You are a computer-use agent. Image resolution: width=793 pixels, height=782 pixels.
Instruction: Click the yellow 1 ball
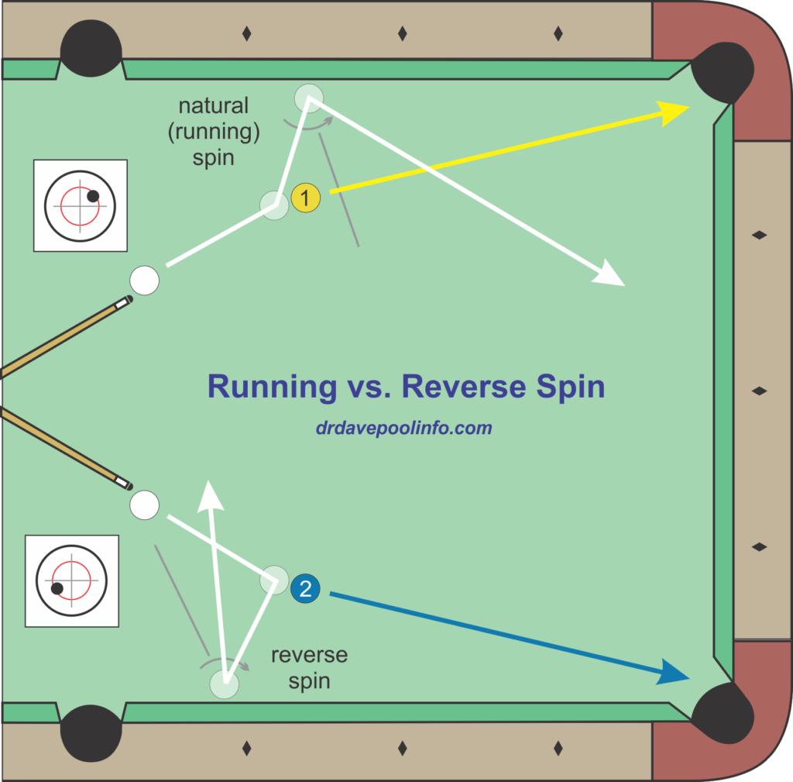(x=306, y=199)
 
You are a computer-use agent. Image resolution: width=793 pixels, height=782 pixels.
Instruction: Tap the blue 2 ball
(x=305, y=588)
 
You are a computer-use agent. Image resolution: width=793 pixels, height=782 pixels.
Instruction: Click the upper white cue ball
(x=144, y=280)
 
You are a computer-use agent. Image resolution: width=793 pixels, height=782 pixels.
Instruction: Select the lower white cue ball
(x=144, y=505)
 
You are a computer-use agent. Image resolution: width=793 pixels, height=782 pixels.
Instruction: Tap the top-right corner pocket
(x=722, y=71)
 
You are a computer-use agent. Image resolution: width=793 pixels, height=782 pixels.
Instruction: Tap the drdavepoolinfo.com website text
(x=403, y=428)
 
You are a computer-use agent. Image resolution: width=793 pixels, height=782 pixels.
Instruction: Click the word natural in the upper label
(x=213, y=105)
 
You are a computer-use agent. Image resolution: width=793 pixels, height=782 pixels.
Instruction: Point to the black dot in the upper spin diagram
(x=93, y=196)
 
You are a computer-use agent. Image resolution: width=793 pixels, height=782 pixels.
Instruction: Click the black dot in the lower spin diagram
(x=57, y=588)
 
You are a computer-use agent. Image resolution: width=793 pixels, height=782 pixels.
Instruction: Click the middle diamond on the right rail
(x=760, y=391)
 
